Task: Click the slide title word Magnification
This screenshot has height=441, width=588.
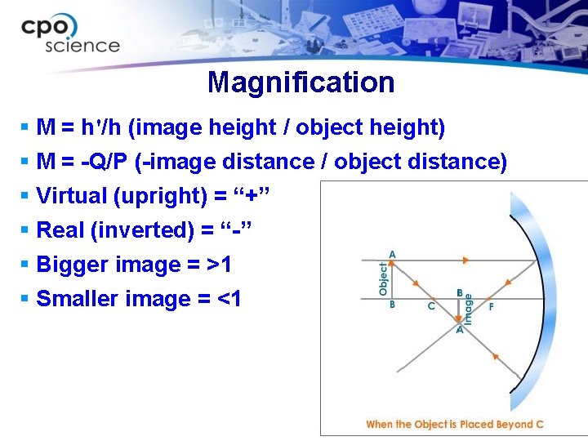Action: [x=301, y=82]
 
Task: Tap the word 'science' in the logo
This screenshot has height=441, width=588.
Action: [x=82, y=47]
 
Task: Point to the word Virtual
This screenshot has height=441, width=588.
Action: [x=72, y=196]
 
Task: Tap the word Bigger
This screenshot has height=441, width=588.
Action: [x=73, y=265]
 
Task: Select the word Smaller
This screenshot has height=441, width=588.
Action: [x=78, y=299]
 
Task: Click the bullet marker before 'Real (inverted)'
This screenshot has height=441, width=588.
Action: [x=25, y=230]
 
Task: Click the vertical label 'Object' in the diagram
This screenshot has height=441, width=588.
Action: [x=382, y=278]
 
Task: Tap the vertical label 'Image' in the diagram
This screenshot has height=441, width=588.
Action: [x=469, y=305]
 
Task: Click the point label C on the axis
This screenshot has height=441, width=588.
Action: [x=431, y=308]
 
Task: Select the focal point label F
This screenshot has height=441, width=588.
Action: [x=491, y=308]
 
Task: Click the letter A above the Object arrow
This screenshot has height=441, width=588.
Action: [x=392, y=255]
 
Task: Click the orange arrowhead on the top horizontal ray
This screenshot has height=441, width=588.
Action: [x=465, y=261]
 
